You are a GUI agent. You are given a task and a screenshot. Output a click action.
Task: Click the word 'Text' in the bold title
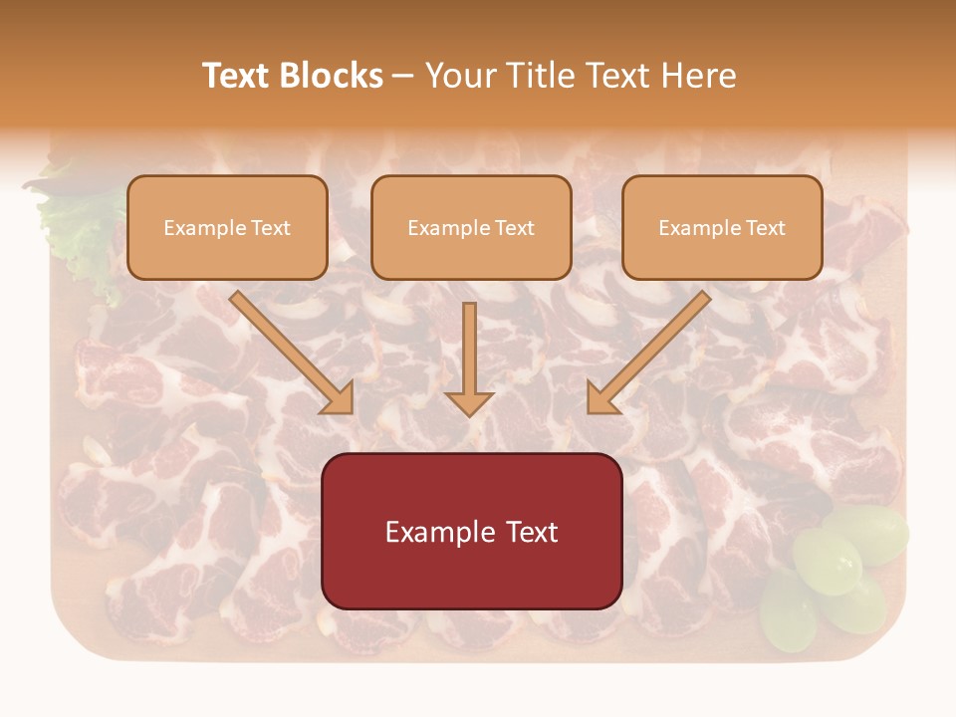pyautogui.click(x=236, y=76)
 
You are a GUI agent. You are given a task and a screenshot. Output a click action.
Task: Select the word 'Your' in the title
pyautogui.click(x=462, y=76)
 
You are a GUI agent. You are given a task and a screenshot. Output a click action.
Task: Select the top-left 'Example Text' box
pyautogui.click(x=227, y=227)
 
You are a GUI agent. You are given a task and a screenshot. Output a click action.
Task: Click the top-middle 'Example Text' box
pyautogui.click(x=471, y=227)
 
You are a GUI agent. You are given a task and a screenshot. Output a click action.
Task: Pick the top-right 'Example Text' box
pyautogui.click(x=722, y=227)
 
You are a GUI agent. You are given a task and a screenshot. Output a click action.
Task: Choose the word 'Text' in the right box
pyautogui.click(x=766, y=228)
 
